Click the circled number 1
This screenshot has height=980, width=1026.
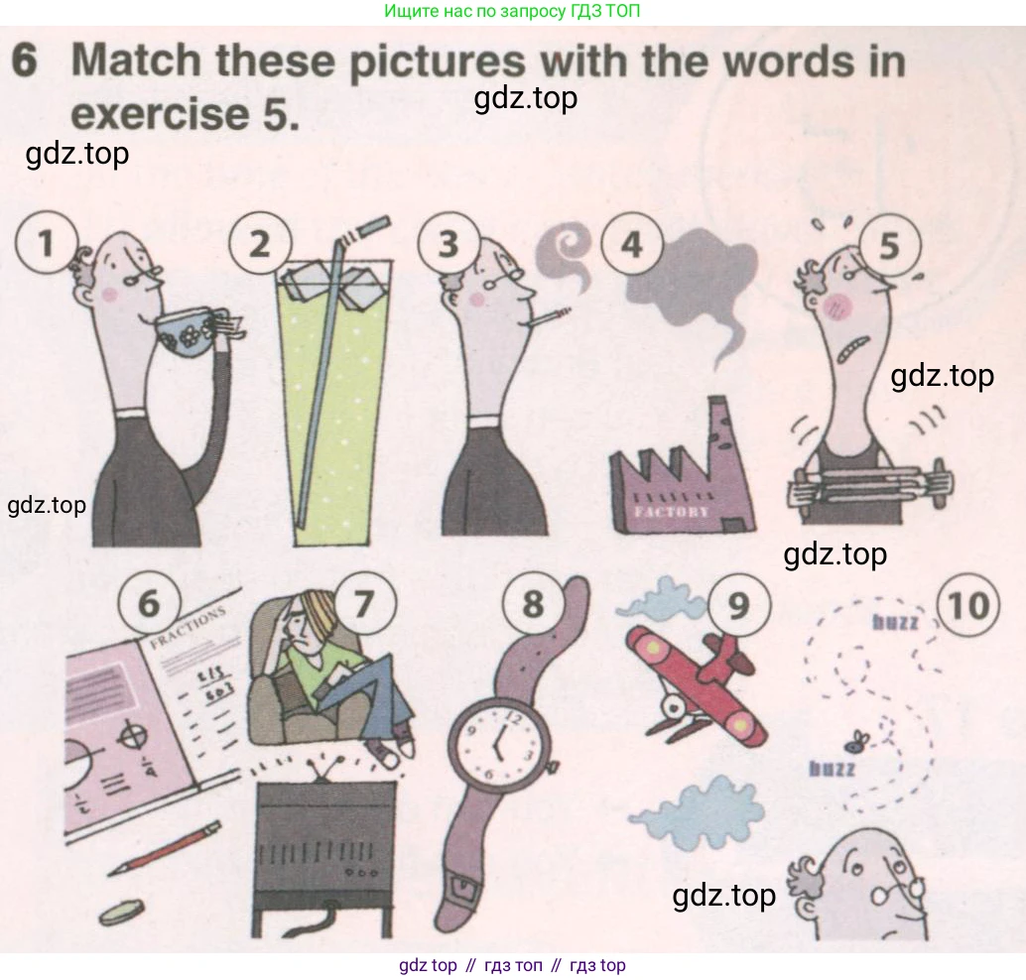(46, 243)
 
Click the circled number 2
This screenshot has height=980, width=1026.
(260, 243)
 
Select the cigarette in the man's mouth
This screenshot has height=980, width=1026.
(546, 317)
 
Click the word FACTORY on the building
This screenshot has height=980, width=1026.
(672, 511)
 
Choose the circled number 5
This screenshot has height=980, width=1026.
(889, 246)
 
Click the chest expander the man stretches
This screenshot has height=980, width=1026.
(870, 484)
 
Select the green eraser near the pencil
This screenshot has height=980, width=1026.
(121, 912)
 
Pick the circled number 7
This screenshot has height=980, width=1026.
(364, 604)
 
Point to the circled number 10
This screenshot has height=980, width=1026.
(968, 605)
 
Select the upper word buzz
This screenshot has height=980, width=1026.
(895, 622)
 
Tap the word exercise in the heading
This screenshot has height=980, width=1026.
(159, 114)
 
